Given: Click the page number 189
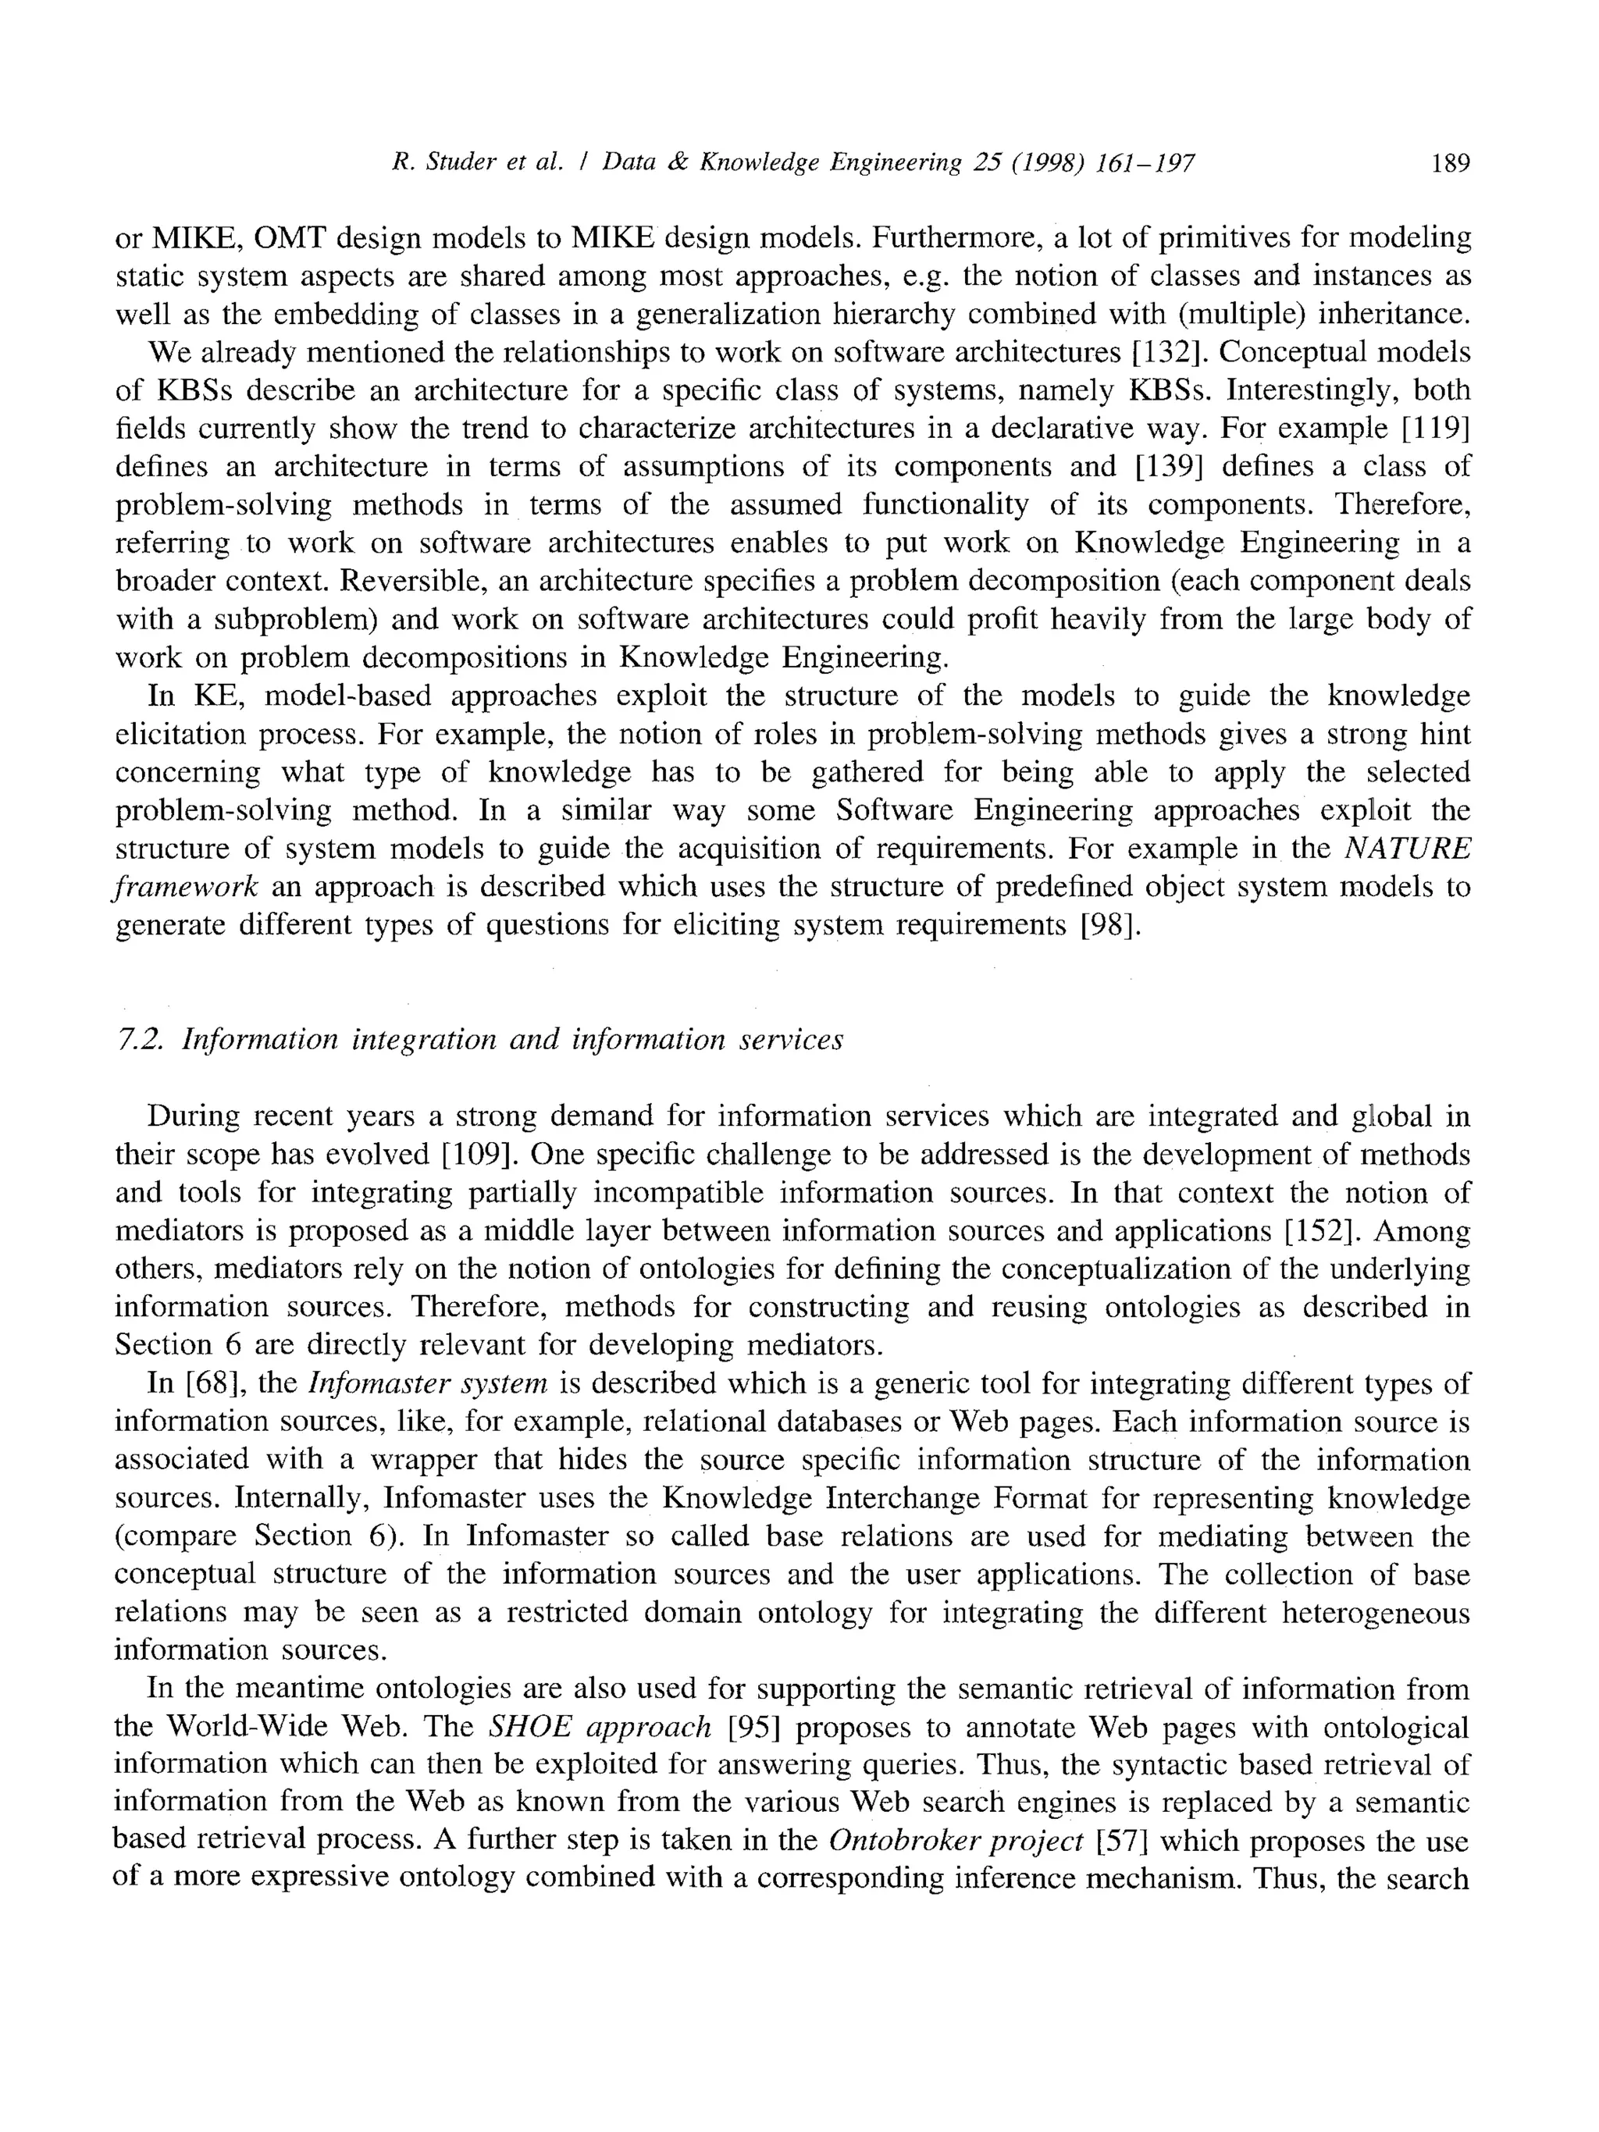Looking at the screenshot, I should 1451,163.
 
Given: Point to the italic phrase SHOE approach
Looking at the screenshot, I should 600,1727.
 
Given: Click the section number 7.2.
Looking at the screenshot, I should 139,1040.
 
